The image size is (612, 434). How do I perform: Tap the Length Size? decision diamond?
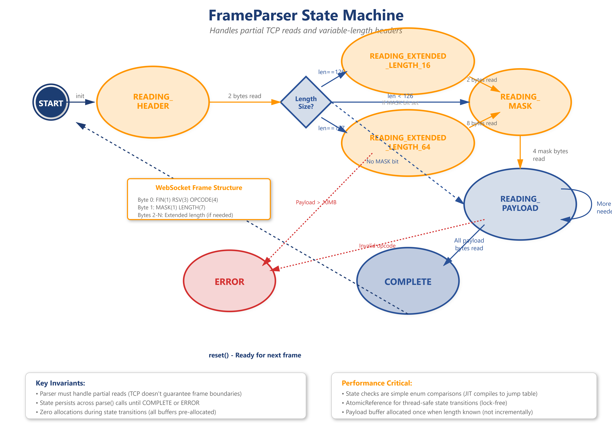306,102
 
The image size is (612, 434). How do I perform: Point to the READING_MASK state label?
520,102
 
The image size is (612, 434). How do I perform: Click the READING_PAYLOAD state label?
520,204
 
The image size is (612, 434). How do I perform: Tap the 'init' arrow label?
80,96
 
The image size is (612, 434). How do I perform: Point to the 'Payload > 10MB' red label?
316,202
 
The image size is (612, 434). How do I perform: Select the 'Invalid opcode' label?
377,246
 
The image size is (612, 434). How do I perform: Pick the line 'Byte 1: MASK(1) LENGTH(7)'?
171,207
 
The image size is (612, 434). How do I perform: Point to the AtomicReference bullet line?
426,403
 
